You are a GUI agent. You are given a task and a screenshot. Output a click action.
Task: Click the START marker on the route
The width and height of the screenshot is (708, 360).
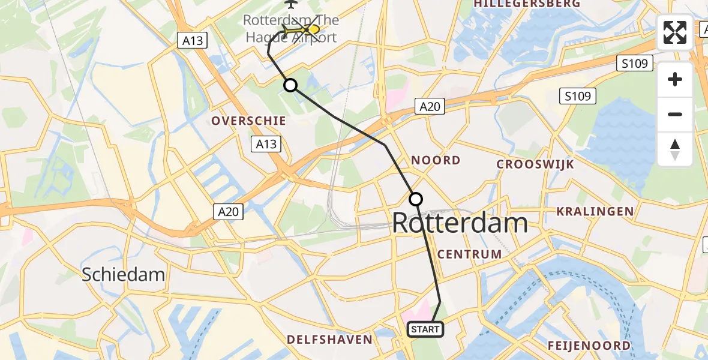pyautogui.click(x=425, y=329)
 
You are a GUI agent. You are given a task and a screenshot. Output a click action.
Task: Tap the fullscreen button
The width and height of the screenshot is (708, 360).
pyautogui.click(x=675, y=32)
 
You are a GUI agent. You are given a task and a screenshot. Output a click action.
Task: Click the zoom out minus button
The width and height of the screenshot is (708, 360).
pyautogui.click(x=675, y=114)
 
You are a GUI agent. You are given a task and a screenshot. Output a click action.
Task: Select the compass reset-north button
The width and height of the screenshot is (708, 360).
pyautogui.click(x=675, y=149)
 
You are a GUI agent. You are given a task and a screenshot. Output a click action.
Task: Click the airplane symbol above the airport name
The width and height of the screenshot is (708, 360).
pyautogui.click(x=291, y=4)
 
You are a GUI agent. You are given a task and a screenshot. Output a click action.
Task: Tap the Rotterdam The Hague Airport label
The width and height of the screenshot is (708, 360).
pyautogui.click(x=291, y=28)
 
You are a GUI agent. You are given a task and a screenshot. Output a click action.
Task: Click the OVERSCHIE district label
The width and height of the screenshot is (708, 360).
pyautogui.click(x=248, y=121)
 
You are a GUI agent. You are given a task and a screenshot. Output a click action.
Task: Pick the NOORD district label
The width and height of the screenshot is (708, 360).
pyautogui.click(x=436, y=160)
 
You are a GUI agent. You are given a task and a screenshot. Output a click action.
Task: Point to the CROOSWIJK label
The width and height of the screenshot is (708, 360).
pyautogui.click(x=527, y=164)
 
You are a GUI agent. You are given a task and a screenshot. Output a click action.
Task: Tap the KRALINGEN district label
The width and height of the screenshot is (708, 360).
pyautogui.click(x=595, y=211)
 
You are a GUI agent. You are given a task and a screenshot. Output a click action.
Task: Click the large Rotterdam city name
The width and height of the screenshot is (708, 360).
pyautogui.click(x=460, y=223)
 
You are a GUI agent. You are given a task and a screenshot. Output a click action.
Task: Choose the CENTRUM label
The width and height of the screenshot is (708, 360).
pyautogui.click(x=469, y=254)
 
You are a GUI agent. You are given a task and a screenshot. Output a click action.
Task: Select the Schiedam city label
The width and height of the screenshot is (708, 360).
pyautogui.click(x=123, y=274)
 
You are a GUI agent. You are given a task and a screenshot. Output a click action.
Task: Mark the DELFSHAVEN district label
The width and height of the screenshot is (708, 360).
pyautogui.click(x=329, y=340)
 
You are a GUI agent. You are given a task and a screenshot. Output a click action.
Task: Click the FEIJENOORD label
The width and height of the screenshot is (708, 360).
pyautogui.click(x=589, y=346)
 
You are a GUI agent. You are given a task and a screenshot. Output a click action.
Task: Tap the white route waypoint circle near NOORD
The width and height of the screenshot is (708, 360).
pyautogui.click(x=416, y=199)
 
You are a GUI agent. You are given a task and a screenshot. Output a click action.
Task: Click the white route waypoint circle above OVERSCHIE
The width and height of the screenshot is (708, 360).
pyautogui.click(x=290, y=85)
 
